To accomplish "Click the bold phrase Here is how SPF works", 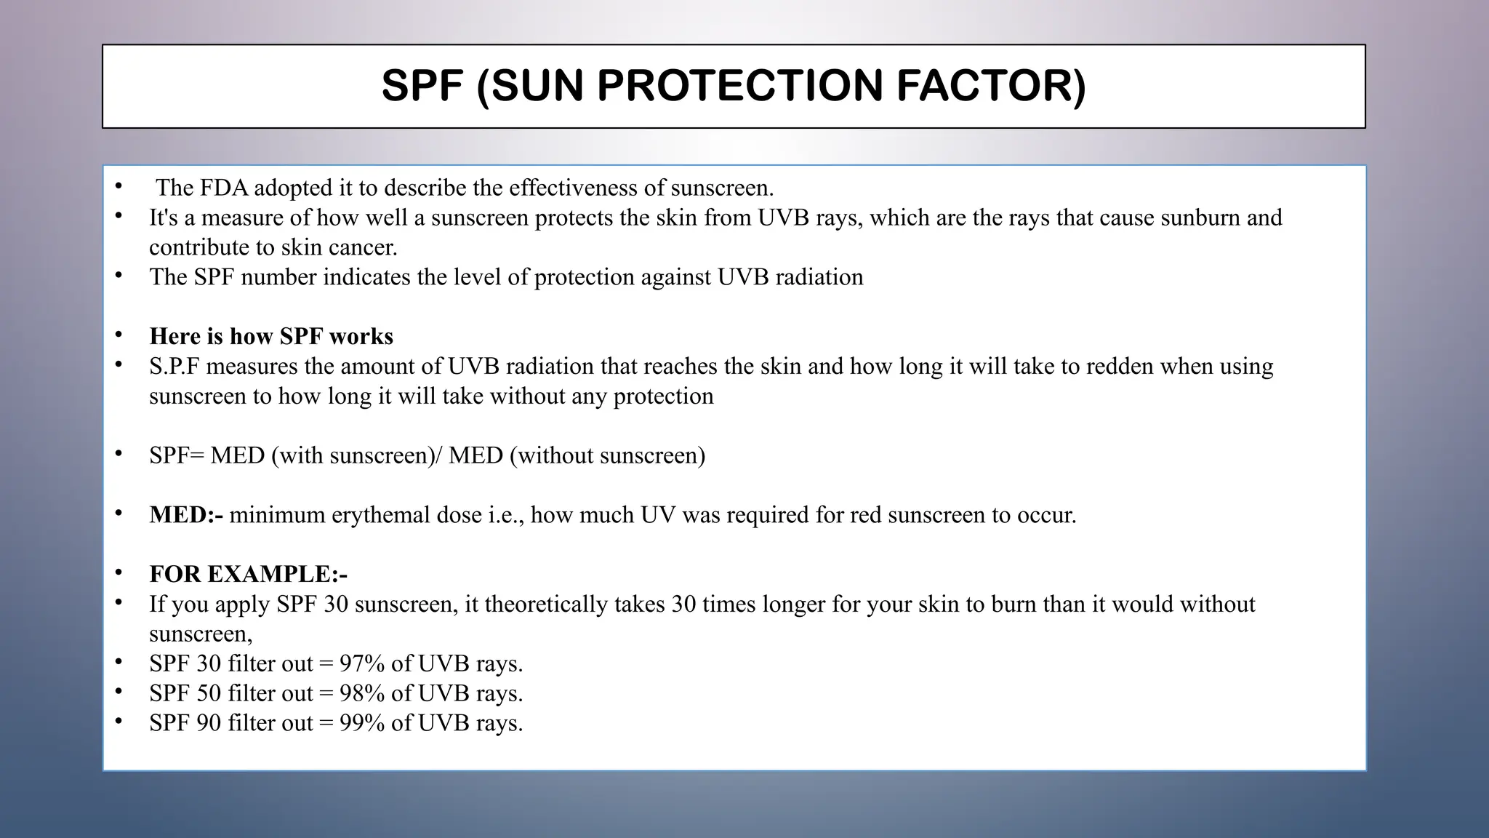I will (x=271, y=336).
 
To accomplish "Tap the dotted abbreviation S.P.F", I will (x=174, y=366).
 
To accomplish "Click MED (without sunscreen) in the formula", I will (x=577, y=455).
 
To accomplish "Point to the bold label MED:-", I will (x=186, y=515).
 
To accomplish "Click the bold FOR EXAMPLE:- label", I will (x=249, y=575).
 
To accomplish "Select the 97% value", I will (x=362, y=664).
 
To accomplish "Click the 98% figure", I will (x=362, y=694).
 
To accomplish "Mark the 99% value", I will (x=362, y=724).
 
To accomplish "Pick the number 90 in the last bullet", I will (x=209, y=724).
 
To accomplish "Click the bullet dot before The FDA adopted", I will (x=119, y=187).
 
